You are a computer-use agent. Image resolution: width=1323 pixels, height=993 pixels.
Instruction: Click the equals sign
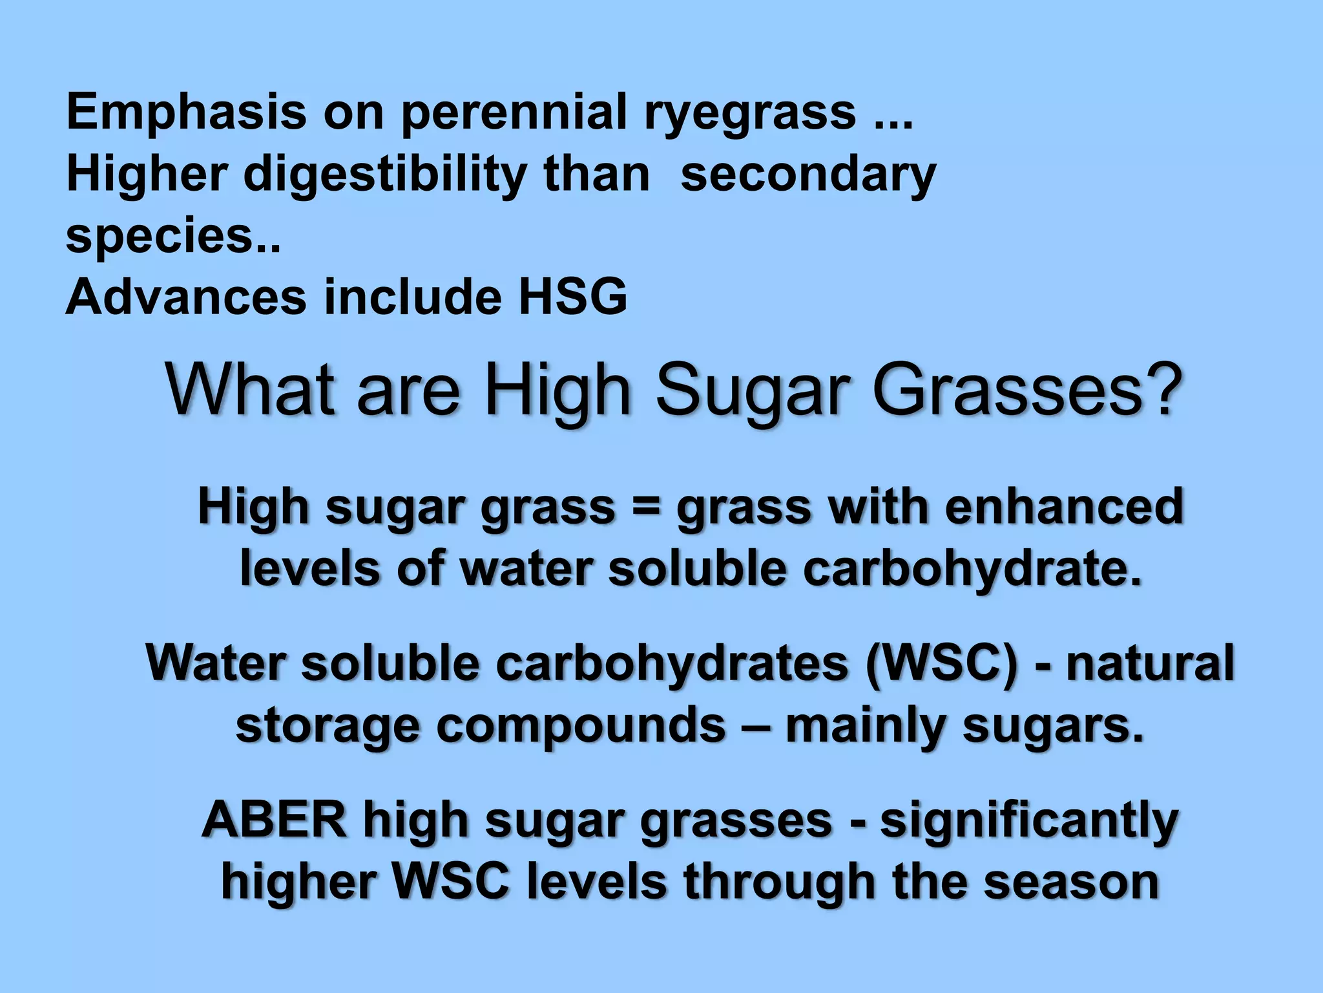[x=645, y=508]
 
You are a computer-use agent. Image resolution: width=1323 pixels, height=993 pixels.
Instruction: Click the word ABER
[x=274, y=820]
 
